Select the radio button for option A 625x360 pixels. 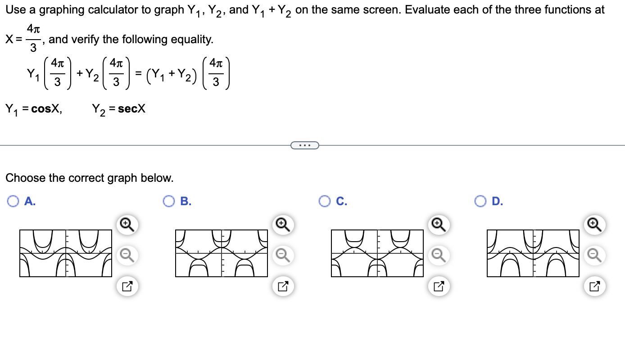(x=13, y=201)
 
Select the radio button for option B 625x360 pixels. (x=168, y=201)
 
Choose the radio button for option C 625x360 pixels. (x=325, y=201)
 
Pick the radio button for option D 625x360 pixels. (x=480, y=201)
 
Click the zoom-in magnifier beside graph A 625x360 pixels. (x=127, y=225)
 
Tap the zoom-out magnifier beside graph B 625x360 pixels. (x=283, y=256)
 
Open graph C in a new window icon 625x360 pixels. (x=439, y=286)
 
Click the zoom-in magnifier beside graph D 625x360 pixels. (x=594, y=225)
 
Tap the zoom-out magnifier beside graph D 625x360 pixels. (x=594, y=256)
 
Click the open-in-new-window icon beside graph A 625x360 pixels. (x=127, y=286)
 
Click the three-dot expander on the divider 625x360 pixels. (x=305, y=145)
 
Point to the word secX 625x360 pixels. (x=131, y=109)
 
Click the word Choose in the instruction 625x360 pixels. (x=25, y=178)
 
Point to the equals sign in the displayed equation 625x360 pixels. (x=138, y=73)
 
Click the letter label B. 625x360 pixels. (x=186, y=201)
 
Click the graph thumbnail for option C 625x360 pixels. (x=377, y=253)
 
